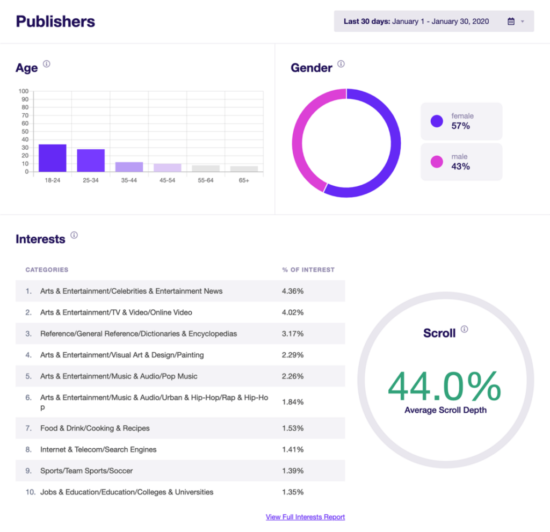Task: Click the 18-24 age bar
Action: [x=52, y=158]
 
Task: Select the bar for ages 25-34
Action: [x=91, y=161]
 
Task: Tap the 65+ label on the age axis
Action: [x=244, y=180]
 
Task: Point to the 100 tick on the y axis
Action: [x=24, y=91]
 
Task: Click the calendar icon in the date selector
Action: [x=511, y=21]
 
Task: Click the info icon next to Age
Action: [x=47, y=64]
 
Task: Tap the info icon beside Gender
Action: [x=341, y=64]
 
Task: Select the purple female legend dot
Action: [x=437, y=121]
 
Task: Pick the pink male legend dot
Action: [x=437, y=162]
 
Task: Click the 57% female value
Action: [x=460, y=126]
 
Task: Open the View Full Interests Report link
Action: [x=305, y=517]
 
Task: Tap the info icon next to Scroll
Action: [x=465, y=330]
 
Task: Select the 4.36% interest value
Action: [x=293, y=291]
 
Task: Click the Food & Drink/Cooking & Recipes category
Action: [x=95, y=428]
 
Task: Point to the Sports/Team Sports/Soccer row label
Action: [x=86, y=471]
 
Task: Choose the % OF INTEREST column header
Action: [x=308, y=269]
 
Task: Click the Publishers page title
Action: [x=55, y=21]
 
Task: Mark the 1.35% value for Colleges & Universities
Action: [x=293, y=492]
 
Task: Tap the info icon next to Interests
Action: [x=74, y=235]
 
